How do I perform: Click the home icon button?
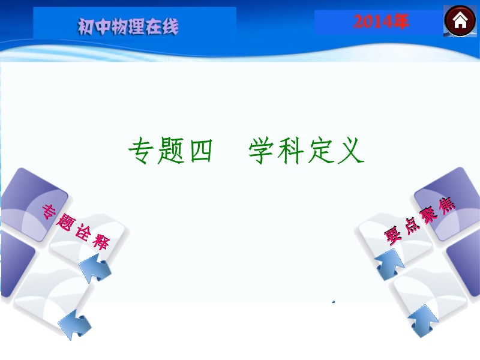pos(460,21)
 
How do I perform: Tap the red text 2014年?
pos(381,22)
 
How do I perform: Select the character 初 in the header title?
pos(86,26)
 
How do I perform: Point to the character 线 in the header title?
pos(170,26)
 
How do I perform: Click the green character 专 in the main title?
pos(141,151)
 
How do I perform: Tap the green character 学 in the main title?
pos(261,151)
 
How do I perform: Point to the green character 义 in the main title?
pos(351,151)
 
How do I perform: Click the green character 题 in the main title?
pos(171,151)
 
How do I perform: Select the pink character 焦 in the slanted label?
pos(446,206)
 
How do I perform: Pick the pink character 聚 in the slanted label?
pos(429,215)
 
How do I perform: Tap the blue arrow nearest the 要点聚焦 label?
pos(389,265)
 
